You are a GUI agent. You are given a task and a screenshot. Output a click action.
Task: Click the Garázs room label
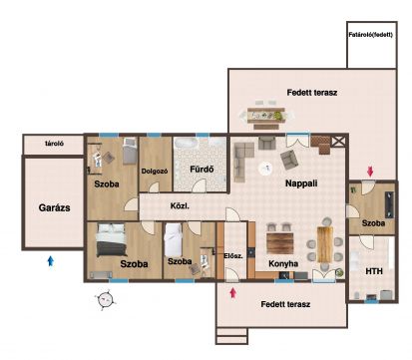tap(54, 208)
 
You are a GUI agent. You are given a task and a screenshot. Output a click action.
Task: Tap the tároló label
tap(55, 144)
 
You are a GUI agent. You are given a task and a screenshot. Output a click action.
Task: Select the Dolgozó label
tap(155, 172)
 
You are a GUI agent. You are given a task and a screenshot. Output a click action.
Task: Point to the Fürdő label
tap(202, 170)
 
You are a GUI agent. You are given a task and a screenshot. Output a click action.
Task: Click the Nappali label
tap(301, 183)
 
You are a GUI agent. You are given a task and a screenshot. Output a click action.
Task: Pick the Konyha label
tap(283, 263)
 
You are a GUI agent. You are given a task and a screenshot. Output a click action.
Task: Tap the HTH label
tap(374, 271)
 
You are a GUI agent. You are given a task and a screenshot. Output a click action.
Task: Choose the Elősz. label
tap(233, 255)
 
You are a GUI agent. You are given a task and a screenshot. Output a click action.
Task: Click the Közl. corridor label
tap(180, 206)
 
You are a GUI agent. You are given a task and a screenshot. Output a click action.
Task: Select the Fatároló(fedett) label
tap(371, 35)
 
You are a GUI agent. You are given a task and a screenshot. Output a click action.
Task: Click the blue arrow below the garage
tap(51, 260)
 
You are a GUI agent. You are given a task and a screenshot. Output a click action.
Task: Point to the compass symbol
tap(106, 299)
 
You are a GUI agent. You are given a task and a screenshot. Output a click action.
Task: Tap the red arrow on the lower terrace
tap(233, 293)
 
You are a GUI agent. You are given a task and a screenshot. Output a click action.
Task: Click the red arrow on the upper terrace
tap(370, 172)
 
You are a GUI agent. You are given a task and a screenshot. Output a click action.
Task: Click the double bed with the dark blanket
tap(111, 240)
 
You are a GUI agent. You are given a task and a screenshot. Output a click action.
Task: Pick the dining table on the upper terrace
tap(266, 116)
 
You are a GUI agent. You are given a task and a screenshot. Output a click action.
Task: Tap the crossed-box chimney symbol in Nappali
tap(338, 142)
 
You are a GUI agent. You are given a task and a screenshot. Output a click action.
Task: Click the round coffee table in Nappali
tap(265, 169)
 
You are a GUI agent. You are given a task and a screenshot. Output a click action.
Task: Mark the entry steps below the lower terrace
tap(231, 336)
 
